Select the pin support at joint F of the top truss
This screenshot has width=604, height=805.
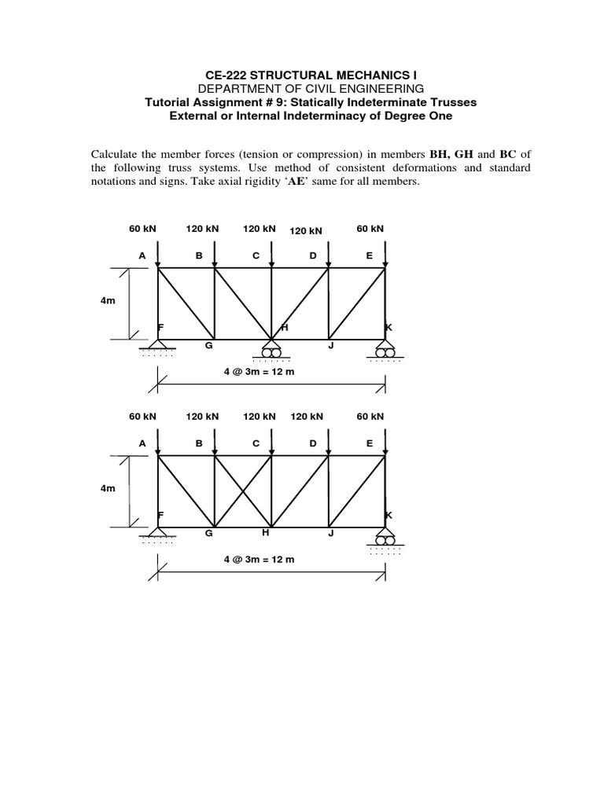coord(159,347)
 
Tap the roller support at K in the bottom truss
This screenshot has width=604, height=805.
coord(385,539)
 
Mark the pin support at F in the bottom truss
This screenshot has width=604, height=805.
coord(159,534)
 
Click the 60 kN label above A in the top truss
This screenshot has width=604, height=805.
coord(142,229)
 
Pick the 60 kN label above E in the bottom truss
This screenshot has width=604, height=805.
coord(370,417)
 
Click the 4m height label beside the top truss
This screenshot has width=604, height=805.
coord(108,301)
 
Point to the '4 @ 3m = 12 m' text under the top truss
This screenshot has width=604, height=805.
coord(259,371)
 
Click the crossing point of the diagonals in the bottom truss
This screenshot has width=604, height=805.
coord(243,491)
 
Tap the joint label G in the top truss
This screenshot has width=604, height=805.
coord(209,345)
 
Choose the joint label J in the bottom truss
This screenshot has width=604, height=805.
coord(331,533)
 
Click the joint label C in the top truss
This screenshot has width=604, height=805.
coord(256,255)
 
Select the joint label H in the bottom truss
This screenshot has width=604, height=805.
coord(266,533)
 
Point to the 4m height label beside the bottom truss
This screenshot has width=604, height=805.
coord(108,488)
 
